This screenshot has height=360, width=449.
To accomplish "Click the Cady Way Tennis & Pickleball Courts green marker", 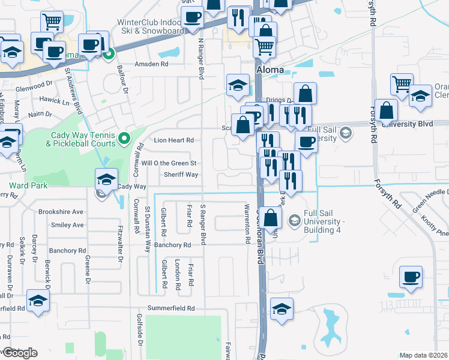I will coord(124,139).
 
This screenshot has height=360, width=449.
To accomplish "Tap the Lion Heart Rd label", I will coord(174,140).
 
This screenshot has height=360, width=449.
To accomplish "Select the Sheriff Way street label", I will coord(181,175).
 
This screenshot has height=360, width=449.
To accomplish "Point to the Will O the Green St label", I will coord(169,163).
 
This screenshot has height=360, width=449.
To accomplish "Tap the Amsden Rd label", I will coord(152,64).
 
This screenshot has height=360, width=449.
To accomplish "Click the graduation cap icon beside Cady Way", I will coord(106,179).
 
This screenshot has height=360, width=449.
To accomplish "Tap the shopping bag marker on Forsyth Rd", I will coord(387,110).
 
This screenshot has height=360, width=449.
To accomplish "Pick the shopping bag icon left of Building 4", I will coord(271,218).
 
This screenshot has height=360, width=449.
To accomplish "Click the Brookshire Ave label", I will coord(61,212).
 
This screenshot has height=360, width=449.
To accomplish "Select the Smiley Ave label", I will coord(67,226).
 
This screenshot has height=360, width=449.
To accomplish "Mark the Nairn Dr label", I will coord(40,113).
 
